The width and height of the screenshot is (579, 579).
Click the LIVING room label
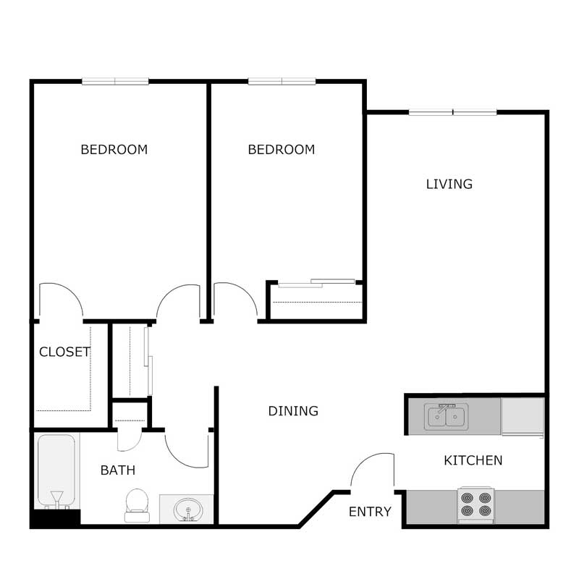(449, 185)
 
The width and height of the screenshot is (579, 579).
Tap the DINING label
(293, 411)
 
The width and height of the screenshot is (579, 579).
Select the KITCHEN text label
(473, 460)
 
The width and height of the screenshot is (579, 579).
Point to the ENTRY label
(370, 512)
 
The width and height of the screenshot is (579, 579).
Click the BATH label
(117, 470)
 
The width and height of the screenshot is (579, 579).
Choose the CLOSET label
(64, 352)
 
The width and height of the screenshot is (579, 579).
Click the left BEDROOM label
(114, 150)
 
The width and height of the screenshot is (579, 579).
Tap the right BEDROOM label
(281, 150)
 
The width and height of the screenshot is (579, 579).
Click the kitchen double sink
(447, 417)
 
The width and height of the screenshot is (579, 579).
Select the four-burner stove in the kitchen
(476, 505)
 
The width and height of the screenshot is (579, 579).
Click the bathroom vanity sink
(187, 510)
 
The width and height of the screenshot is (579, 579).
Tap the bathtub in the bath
(56, 470)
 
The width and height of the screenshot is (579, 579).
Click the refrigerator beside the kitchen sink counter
(523, 417)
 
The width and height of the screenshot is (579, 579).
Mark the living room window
(453, 112)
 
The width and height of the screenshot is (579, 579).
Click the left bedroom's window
(115, 81)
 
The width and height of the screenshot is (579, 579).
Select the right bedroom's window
(282, 81)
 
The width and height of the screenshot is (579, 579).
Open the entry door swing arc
(372, 470)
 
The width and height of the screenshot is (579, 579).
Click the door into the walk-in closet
(60, 300)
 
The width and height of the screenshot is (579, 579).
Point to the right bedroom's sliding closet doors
(316, 283)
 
